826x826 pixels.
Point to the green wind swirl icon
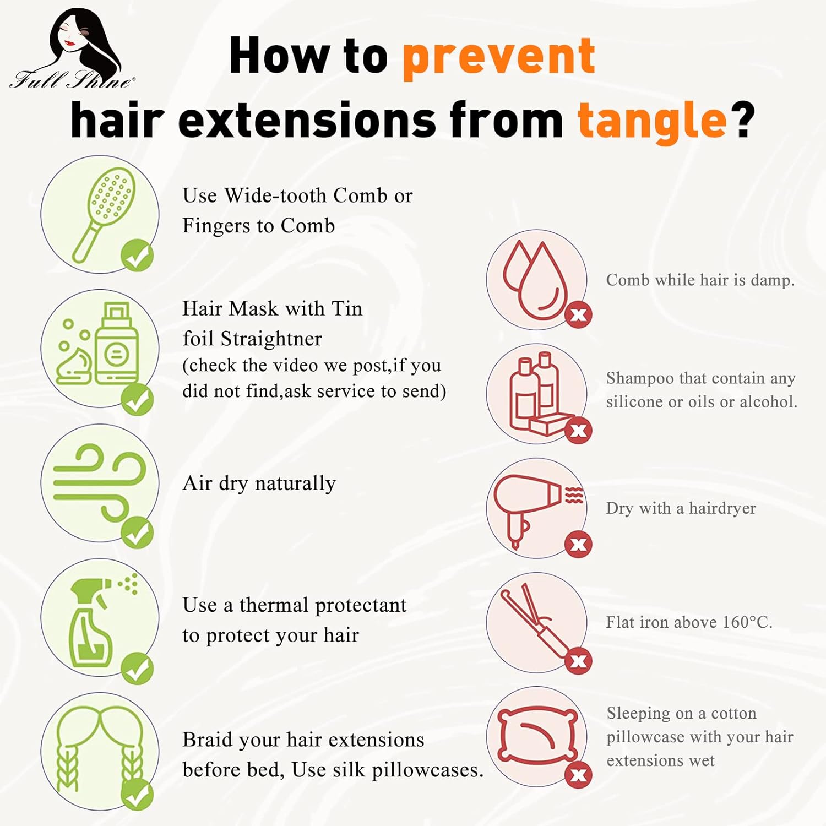click(100, 483)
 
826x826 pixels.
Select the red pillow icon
click(537, 736)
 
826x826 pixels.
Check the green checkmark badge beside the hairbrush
click(137, 256)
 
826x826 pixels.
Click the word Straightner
click(271, 339)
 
